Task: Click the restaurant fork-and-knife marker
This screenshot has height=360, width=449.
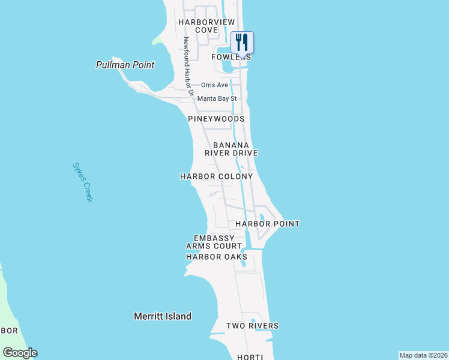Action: tap(242, 42)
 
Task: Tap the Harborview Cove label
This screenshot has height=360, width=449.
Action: tap(206, 26)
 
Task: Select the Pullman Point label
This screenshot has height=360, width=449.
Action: tap(125, 65)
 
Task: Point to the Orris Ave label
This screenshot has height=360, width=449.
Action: tap(214, 85)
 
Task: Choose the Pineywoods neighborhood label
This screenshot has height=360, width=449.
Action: tap(216, 119)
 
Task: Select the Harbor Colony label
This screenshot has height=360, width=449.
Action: tap(216, 177)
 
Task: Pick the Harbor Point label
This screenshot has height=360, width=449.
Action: tap(267, 224)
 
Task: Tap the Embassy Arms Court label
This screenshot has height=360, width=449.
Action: tap(214, 242)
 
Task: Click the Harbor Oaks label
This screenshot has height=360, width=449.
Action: tap(216, 257)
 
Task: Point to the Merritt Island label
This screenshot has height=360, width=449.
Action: tap(162, 316)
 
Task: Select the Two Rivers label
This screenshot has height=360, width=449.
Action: tap(252, 326)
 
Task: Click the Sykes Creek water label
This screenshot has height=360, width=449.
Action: tap(83, 182)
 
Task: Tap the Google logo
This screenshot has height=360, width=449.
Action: tap(20, 353)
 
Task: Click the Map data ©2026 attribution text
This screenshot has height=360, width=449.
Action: tap(423, 355)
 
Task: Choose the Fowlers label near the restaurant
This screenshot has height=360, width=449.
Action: tap(231, 57)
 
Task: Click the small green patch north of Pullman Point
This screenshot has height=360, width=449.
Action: tap(157, 40)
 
